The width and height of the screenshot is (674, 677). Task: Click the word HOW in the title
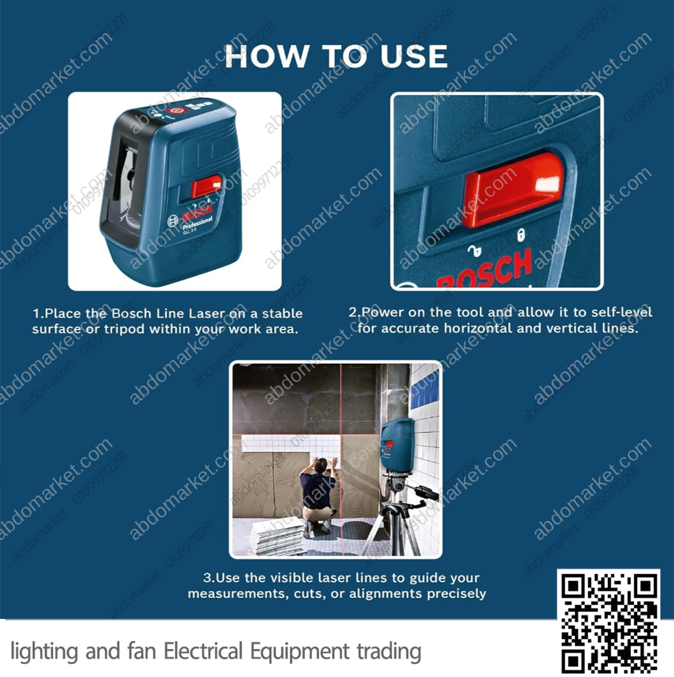coord(266,56)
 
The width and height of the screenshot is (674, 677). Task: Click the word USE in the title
coord(414,56)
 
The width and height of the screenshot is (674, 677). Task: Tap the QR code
coord(608,621)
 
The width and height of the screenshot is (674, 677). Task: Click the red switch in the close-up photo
coord(513,189)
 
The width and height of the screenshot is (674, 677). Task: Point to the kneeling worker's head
coord(320,465)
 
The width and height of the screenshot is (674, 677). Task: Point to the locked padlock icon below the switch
coord(521,235)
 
